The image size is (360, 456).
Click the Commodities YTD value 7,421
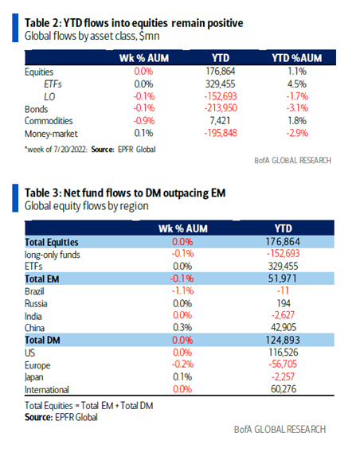(x=220, y=121)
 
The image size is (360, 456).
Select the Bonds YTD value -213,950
(x=221, y=108)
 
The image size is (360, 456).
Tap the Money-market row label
(x=51, y=134)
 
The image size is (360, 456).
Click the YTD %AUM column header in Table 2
(x=297, y=58)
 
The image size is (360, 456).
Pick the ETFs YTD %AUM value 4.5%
(x=297, y=84)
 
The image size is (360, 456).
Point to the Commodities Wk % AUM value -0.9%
(x=144, y=121)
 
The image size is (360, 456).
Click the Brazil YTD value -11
(x=283, y=290)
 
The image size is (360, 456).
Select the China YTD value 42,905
(x=284, y=327)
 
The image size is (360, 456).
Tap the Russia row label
(x=36, y=304)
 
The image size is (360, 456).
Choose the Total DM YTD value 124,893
(x=283, y=340)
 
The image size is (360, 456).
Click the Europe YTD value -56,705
(x=283, y=364)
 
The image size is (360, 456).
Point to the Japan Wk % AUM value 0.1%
(x=182, y=377)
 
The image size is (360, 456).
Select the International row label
(x=47, y=390)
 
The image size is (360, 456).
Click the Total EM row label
(x=42, y=279)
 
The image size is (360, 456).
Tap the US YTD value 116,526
(x=284, y=353)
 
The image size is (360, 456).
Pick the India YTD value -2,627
(x=283, y=315)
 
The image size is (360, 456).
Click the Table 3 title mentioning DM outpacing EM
(x=125, y=193)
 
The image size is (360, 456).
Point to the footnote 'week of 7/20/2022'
(x=56, y=150)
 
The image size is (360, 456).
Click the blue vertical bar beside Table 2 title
(x=15, y=28)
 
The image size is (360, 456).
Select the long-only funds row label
(x=53, y=255)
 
